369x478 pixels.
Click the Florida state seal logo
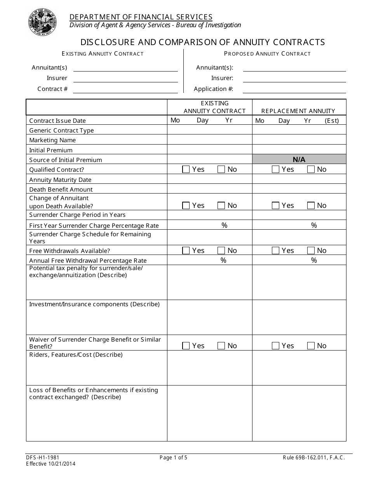coord(42,22)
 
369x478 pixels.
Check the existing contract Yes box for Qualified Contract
coord(186,169)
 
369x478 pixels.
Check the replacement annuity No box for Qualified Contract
coord(311,169)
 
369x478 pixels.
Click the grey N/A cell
coord(299,159)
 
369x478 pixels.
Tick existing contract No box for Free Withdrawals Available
coord(221,251)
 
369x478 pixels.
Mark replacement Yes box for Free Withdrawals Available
coord(275,251)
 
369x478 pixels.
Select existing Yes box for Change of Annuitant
coord(186,206)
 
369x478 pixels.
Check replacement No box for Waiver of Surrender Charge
coord(311,345)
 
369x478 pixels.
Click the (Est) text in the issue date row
coord(332,121)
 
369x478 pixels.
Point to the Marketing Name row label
coord(52,140)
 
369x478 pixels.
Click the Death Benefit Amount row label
coord(61,190)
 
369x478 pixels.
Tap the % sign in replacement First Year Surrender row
coord(314,225)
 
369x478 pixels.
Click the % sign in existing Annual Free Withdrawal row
coord(223,260)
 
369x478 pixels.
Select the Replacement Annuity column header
coord(298,111)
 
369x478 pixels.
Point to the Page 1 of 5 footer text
coord(173,458)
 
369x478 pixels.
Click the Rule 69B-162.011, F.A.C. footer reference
coord(313,458)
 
